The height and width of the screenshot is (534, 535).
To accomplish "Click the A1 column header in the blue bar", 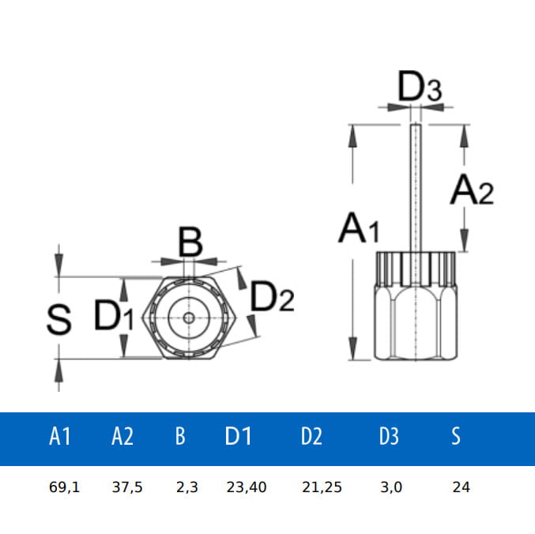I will coord(60,436).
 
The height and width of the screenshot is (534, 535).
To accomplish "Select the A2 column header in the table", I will coord(122,436).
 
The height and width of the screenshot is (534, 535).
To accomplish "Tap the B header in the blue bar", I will coord(180,436).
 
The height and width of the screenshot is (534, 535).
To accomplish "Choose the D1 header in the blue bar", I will coord(238,436).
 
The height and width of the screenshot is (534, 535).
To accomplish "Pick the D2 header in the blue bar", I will coord(311,436).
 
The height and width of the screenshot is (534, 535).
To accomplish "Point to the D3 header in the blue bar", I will coord(389,436).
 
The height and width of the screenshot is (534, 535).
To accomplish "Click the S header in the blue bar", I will coord(456,436).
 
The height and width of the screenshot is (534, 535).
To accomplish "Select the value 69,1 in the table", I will coord(64,487).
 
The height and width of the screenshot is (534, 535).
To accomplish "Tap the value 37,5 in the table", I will coord(126,487).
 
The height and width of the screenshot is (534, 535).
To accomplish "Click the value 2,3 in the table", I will coord(186,487).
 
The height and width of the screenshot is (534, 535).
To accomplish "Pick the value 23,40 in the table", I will coord(246,487).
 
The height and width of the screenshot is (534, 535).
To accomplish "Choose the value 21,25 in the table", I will coord(322,487).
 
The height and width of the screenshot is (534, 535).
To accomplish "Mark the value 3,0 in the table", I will coord(390,487).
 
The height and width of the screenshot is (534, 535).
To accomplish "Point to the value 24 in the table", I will coord(462,487).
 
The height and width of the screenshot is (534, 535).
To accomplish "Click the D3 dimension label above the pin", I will coord(419,88).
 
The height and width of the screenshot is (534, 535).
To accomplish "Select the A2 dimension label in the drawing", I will coord(472,190).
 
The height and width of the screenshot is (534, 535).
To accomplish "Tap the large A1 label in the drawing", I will coord(359,228).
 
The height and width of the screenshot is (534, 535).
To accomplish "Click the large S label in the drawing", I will coord(58,319).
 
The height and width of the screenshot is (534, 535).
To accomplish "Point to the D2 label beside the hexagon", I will coord(272,297).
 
